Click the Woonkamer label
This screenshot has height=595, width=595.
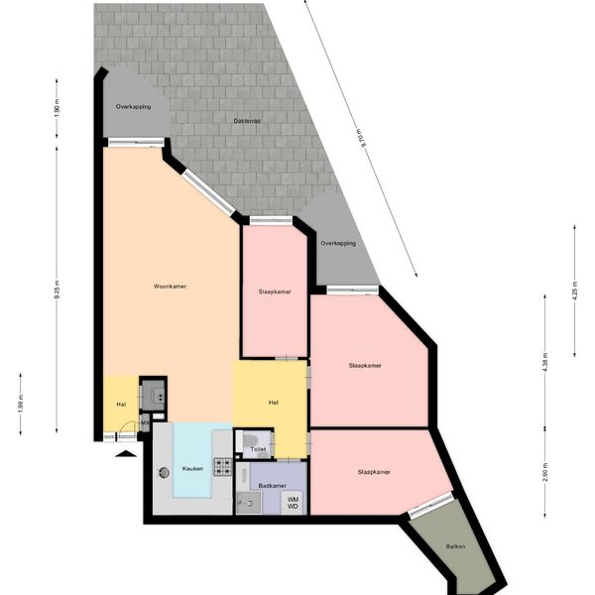tap(171, 287)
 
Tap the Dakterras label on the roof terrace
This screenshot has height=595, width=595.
tap(247, 121)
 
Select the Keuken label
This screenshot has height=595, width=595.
tap(193, 469)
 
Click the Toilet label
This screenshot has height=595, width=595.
tap(259, 449)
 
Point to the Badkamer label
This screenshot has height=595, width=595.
tap(273, 485)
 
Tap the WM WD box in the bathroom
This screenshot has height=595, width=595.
tap(293, 503)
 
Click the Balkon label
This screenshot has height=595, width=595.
tap(455, 546)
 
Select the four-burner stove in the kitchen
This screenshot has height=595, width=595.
tap(223, 466)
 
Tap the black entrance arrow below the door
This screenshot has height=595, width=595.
tap(124, 454)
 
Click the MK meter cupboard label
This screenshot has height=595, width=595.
tap(145, 423)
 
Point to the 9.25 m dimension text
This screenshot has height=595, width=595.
tap(58, 292)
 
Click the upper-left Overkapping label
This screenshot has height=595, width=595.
tap(133, 106)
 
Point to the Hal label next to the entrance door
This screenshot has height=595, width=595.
tap(121, 405)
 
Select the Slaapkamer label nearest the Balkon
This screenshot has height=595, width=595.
tap(374, 471)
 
